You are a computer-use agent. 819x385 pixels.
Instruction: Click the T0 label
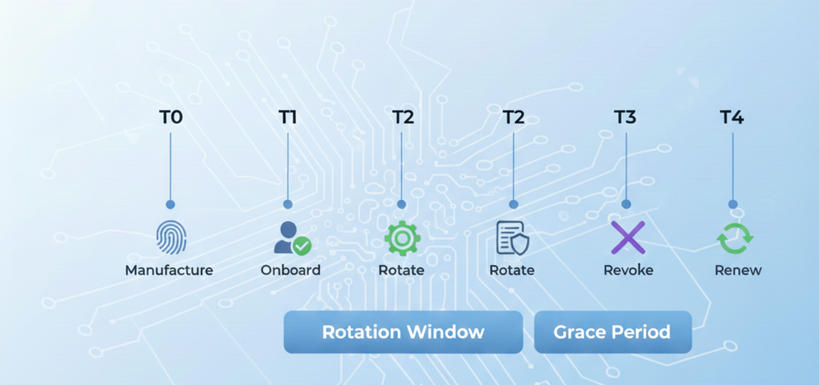click(170, 117)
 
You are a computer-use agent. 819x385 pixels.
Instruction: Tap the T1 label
click(288, 117)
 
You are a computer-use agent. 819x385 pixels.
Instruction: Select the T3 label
click(626, 117)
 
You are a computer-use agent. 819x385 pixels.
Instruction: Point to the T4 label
click(732, 117)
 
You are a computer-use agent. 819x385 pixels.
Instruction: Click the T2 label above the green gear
click(403, 117)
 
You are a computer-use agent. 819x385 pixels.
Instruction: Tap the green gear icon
click(402, 239)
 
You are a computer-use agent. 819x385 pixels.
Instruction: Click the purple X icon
click(627, 238)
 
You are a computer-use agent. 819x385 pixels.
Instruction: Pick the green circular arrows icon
click(735, 239)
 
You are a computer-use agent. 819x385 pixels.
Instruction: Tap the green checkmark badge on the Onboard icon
click(302, 246)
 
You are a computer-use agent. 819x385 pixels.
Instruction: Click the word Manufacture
click(169, 270)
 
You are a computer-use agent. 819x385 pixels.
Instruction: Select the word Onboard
click(290, 270)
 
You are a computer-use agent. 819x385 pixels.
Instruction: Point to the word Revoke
click(628, 270)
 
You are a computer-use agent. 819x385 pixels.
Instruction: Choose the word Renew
click(738, 270)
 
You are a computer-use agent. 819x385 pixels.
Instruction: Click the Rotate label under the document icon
click(511, 270)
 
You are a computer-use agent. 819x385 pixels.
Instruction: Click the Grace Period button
click(612, 332)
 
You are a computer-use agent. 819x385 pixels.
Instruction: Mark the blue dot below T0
click(170, 204)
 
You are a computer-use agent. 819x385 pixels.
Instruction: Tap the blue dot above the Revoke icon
click(626, 204)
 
